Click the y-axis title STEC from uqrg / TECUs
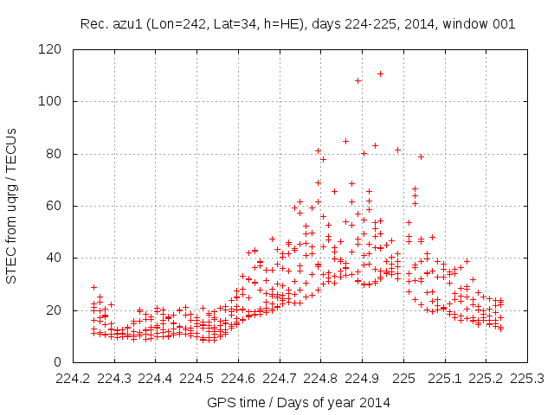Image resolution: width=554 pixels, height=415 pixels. pyautogui.click(x=12, y=206)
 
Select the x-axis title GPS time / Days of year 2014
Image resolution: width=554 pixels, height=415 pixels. pyautogui.click(x=299, y=402)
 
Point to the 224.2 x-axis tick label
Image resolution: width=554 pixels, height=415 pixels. pyautogui.click(x=73, y=378)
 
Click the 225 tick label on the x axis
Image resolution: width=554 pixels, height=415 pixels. pyautogui.click(x=403, y=378)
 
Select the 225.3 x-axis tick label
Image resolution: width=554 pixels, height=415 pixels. pyautogui.click(x=527, y=378)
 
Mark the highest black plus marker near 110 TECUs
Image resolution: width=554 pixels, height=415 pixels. pyautogui.click(x=380, y=73)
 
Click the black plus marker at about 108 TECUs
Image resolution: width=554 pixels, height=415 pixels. pyautogui.click(x=358, y=80)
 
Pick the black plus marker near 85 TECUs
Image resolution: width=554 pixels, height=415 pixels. pyautogui.click(x=345, y=141)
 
